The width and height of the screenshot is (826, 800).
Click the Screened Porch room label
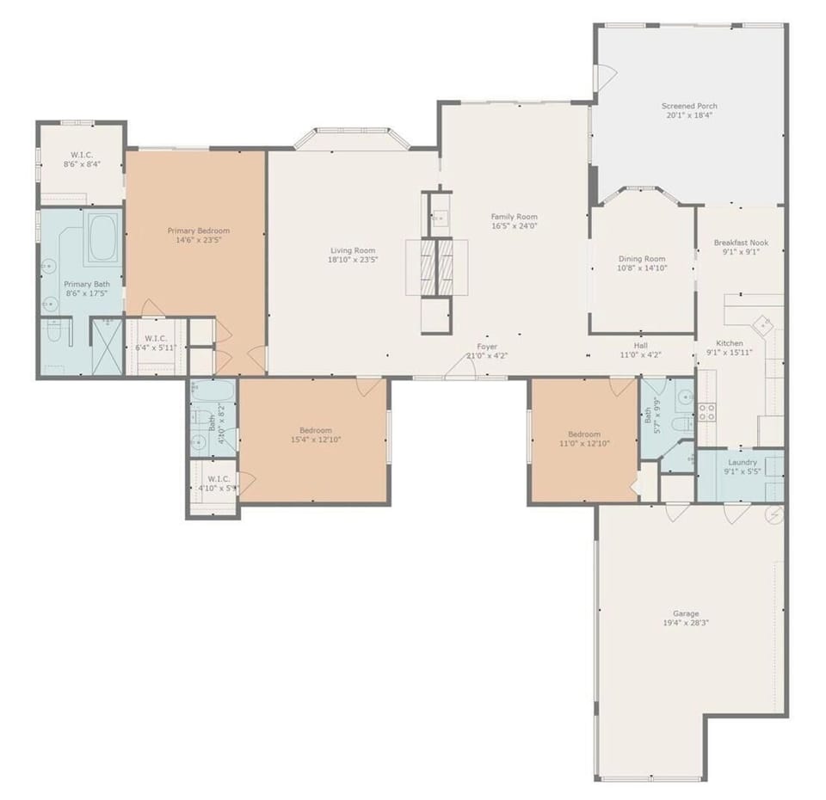coord(688,105)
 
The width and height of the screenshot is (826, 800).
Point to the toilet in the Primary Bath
coord(54,331)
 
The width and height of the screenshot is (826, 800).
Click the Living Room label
coord(353,250)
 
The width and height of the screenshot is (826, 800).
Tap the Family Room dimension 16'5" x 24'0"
coord(514,226)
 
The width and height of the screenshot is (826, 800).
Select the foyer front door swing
coord(460,367)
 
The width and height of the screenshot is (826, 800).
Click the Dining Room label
coord(642,258)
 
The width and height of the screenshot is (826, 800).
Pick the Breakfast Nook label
coord(741,243)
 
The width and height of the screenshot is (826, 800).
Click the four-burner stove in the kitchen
coord(706,412)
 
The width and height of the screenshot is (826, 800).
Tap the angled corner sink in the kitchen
coord(763,325)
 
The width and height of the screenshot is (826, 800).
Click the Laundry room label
coord(742,462)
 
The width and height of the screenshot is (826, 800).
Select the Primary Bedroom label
coord(198,231)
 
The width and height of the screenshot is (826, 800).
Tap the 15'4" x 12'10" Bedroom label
coord(315,440)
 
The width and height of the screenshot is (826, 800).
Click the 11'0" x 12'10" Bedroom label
coord(583,444)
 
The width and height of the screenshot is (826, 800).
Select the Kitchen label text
coord(730,342)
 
